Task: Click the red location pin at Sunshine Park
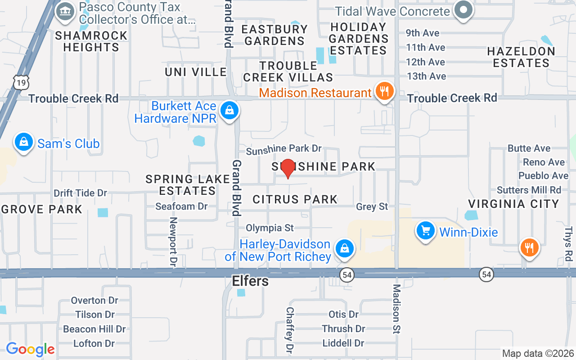(288, 168)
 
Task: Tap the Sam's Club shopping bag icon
(24, 143)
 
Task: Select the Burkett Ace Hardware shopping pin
(229, 110)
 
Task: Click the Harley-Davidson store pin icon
(344, 248)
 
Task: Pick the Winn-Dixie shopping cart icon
(425, 231)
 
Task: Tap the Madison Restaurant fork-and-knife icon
(384, 91)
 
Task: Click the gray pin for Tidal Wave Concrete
(463, 10)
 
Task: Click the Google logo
(30, 349)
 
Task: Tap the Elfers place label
(250, 281)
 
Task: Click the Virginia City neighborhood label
(513, 204)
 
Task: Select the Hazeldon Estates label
(521, 57)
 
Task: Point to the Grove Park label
(42, 209)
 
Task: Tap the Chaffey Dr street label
(290, 330)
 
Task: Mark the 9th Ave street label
(423, 33)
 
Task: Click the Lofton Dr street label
(94, 343)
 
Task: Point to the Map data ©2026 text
(538, 354)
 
